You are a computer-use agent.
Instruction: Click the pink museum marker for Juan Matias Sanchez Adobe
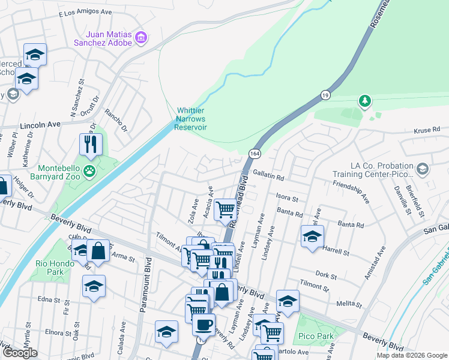(x=142, y=38)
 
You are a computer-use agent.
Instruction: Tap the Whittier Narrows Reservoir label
(x=191, y=119)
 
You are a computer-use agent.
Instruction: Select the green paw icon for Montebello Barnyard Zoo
(x=89, y=172)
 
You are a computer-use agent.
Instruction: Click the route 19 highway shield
(x=325, y=95)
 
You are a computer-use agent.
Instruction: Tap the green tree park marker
(x=364, y=101)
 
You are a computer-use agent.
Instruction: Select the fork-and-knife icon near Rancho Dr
(x=91, y=144)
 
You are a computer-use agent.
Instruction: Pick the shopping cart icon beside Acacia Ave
(x=225, y=209)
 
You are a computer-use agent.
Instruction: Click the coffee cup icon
(x=203, y=325)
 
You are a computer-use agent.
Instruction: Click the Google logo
(x=20, y=353)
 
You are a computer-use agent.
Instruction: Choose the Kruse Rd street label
(x=427, y=130)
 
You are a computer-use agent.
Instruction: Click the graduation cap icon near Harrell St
(x=312, y=236)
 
